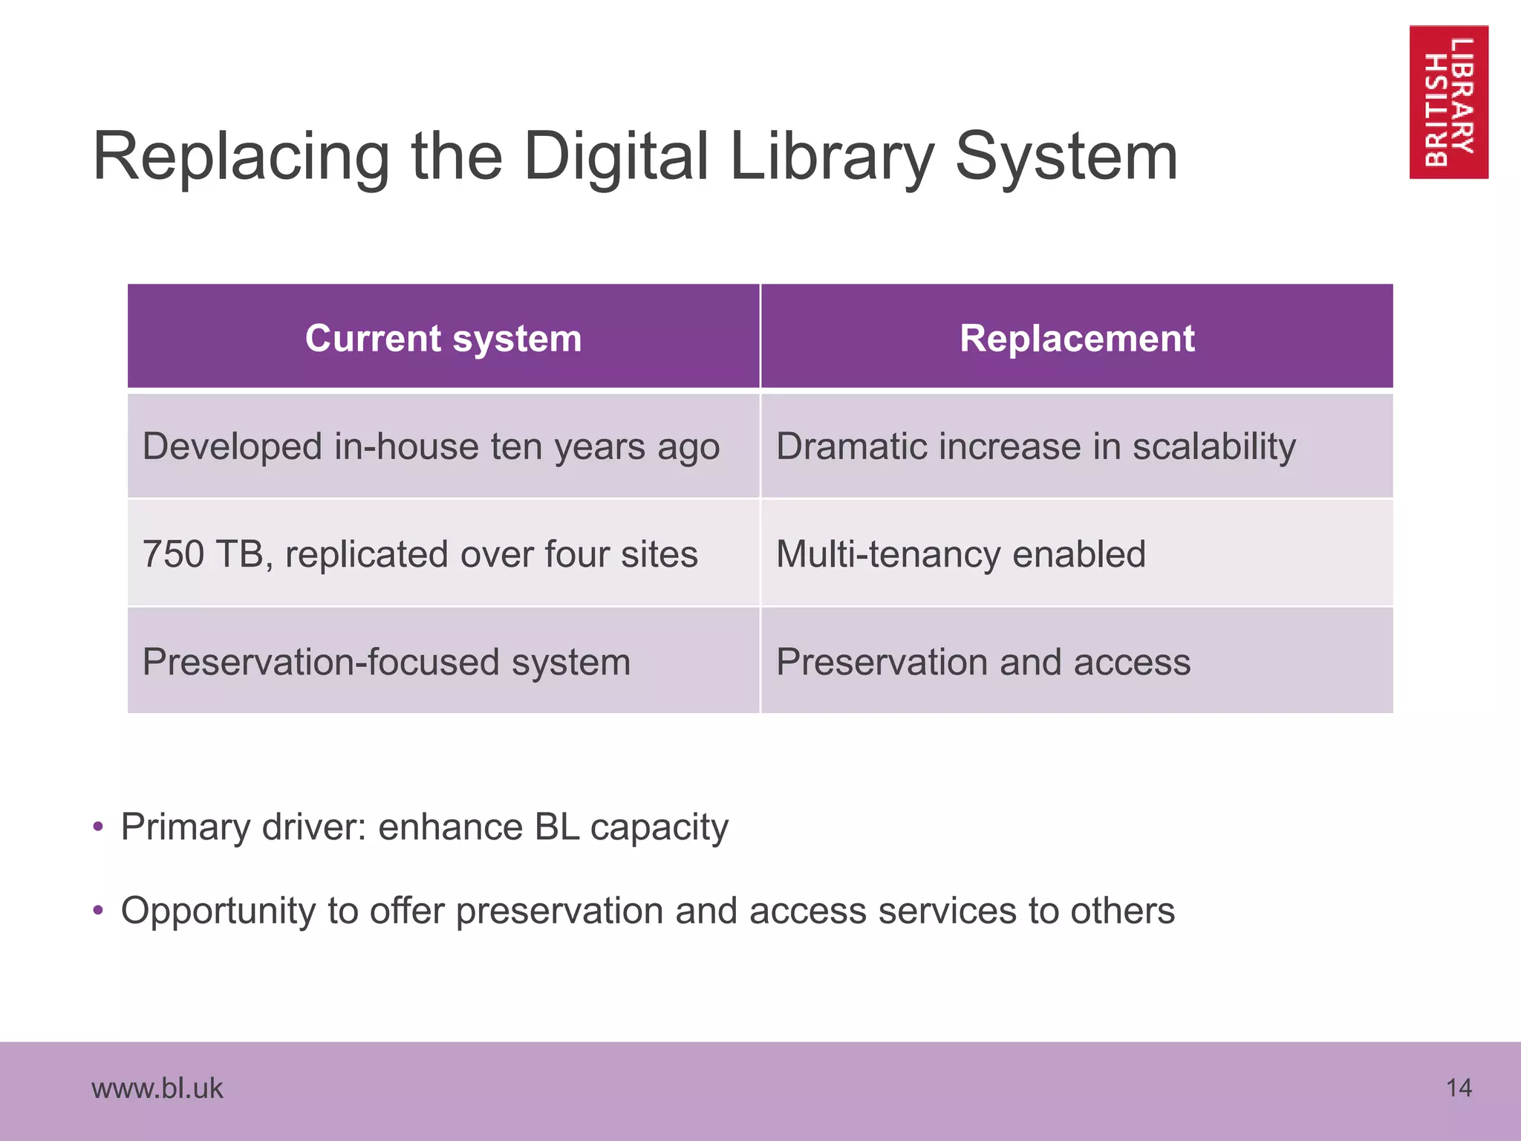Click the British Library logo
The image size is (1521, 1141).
[1448, 102]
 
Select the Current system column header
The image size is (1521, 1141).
[443, 338]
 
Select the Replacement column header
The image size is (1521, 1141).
[1077, 338]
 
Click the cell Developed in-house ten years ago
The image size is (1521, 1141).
[431, 446]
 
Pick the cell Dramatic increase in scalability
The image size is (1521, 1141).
[1035, 446]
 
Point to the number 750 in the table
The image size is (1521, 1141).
[173, 554]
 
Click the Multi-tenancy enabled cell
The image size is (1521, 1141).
[960, 554]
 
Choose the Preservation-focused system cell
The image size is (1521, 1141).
[386, 662]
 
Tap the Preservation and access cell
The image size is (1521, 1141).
[983, 662]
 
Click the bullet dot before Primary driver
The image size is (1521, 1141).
[98, 827]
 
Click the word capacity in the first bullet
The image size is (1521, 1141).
[659, 828]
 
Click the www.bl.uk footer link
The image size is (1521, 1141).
[157, 1088]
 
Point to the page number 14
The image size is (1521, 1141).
[1459, 1088]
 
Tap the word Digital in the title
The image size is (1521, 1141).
[616, 157]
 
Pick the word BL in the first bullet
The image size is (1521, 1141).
[556, 827]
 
